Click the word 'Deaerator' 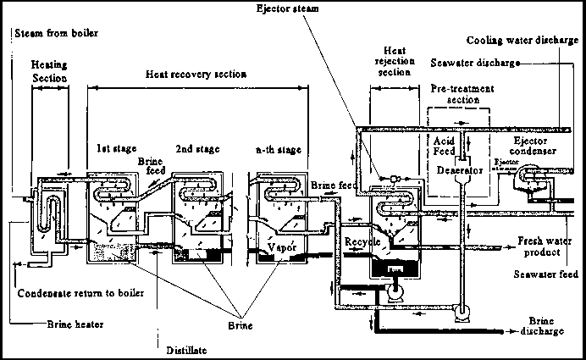coord(460,169)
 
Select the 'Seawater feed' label coord(547,274)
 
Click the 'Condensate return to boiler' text coord(80,293)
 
